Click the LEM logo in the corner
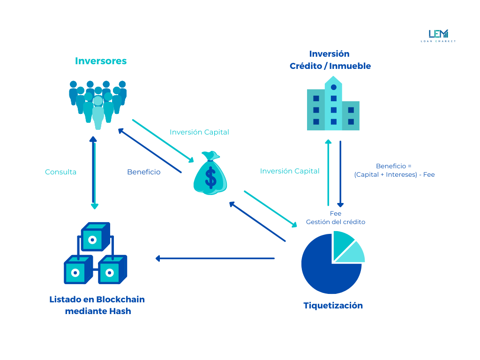click(x=438, y=35)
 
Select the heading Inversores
click(x=101, y=61)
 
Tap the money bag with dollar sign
click(x=210, y=173)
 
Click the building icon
click(x=333, y=105)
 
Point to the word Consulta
click(x=60, y=172)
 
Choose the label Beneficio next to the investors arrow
click(x=143, y=172)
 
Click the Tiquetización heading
click(x=333, y=306)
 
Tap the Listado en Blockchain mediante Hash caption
click(x=97, y=305)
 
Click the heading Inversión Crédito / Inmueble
click(x=330, y=60)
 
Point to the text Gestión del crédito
click(x=335, y=222)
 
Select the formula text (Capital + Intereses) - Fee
click(x=394, y=175)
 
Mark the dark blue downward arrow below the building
click(x=340, y=174)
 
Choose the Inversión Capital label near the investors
click(x=199, y=132)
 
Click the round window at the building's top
click(x=333, y=87)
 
